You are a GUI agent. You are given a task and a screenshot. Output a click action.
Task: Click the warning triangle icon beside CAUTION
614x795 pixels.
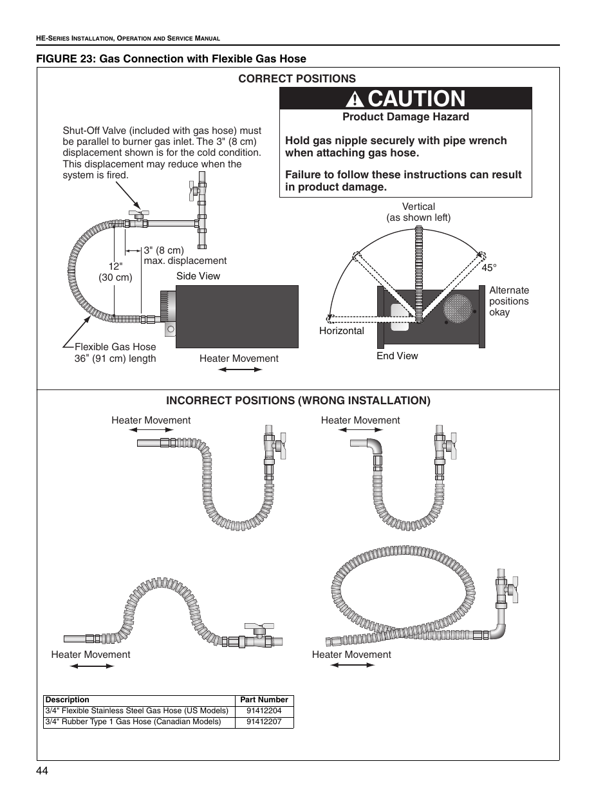355,99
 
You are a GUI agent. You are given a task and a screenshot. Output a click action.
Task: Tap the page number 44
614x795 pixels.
42,771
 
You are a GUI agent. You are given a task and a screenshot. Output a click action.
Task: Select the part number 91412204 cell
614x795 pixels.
264,711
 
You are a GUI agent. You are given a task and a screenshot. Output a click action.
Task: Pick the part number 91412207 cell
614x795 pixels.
264,722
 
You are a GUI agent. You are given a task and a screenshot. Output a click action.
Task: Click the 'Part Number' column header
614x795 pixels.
264,700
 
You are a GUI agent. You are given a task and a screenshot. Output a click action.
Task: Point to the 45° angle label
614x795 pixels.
489,267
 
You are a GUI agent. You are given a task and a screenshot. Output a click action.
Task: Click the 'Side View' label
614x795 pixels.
198,276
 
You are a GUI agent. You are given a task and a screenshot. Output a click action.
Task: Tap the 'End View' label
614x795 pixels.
397,356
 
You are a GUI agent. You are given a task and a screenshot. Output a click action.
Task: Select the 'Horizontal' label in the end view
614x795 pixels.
341,331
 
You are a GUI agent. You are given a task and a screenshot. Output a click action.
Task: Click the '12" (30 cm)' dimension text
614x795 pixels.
115,272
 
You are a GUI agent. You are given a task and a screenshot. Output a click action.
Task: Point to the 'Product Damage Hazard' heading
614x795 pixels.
405,117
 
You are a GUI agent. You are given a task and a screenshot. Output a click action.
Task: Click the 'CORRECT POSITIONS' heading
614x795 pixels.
297,79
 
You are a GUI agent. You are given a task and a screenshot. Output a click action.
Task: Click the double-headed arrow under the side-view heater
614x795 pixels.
239,369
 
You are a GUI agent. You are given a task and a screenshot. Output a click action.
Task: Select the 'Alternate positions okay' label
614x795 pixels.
508,301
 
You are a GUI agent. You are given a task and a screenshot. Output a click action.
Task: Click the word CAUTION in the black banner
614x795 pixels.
416,98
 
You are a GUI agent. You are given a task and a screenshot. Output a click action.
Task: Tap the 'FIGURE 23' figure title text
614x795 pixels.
171,59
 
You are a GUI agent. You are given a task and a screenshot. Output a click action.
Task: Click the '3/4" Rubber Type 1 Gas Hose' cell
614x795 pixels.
133,722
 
